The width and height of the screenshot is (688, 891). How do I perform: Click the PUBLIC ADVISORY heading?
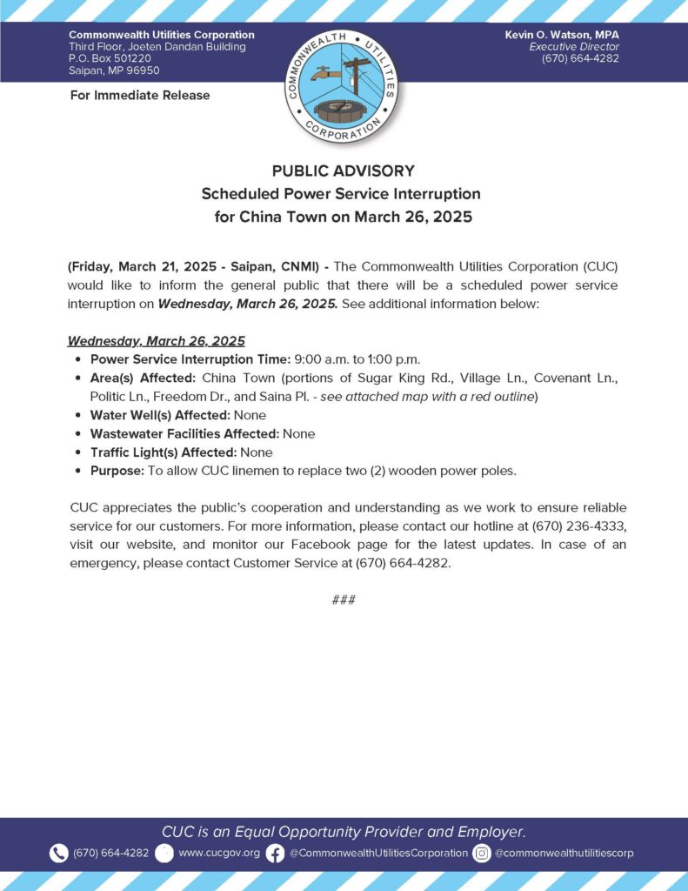coord(344,171)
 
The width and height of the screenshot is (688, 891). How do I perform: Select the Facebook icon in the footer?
coord(275,853)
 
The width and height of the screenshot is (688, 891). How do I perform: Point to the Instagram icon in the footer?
coord(482,853)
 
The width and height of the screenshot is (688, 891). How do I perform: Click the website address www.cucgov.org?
coord(219,853)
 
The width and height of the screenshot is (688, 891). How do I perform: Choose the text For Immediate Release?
coord(140,95)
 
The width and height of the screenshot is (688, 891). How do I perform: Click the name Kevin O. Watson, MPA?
coord(562,34)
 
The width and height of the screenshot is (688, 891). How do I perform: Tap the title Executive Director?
coord(574,46)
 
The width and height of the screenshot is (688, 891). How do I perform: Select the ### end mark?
coord(344,600)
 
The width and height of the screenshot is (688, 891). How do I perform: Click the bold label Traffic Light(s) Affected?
coord(164,452)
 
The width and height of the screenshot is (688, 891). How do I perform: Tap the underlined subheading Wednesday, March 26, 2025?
coord(156,340)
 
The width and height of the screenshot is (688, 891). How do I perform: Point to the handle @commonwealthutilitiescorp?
coord(564,853)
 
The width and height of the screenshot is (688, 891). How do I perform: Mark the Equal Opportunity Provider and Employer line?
coord(344,831)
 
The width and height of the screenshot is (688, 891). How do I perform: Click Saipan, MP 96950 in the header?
coord(114,70)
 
